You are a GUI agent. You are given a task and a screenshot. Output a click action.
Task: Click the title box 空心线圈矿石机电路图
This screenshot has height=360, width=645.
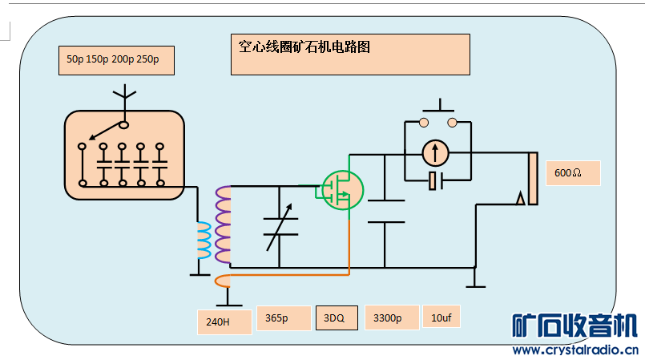[349, 55]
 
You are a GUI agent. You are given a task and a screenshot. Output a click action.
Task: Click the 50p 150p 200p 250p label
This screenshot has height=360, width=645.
[116, 60]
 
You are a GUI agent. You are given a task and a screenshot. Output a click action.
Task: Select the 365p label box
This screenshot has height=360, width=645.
[283, 318]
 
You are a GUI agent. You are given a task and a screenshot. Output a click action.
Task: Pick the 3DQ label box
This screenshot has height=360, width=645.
[334, 318]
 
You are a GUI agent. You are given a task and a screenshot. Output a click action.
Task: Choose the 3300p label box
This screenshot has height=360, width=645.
[391, 318]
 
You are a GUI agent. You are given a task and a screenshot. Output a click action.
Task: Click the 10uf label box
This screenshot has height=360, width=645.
[441, 318]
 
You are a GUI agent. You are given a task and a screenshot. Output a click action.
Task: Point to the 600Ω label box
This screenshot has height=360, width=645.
[573, 173]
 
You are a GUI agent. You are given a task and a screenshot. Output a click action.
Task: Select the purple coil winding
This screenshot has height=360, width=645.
[224, 224]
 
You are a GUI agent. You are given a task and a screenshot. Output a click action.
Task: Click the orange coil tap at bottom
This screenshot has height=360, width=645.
[224, 281]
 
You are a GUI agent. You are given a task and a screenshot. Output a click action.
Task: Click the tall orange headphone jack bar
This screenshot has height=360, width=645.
[533, 178]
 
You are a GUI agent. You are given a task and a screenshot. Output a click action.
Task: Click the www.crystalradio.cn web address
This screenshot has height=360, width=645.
[574, 350]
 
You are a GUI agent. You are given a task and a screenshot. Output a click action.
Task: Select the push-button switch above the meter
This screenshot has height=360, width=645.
[438, 114]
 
